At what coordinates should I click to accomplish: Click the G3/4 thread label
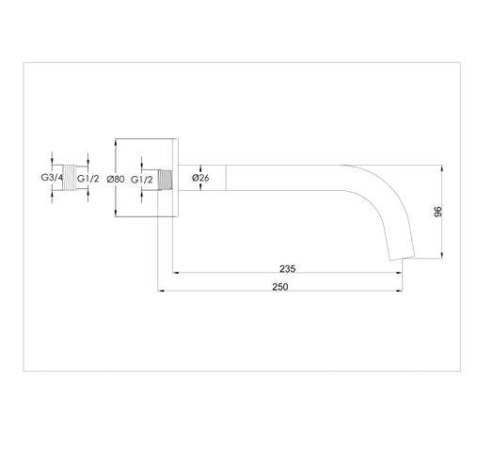(52, 178)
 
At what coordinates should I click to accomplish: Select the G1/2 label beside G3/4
(88, 178)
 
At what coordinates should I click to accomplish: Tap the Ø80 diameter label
(117, 178)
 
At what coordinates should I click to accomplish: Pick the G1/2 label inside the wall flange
(142, 178)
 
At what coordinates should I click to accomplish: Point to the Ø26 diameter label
(200, 178)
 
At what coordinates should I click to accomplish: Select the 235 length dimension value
(288, 269)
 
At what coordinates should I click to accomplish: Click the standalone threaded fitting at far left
(71, 178)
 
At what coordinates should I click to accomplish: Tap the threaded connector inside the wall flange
(167, 178)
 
